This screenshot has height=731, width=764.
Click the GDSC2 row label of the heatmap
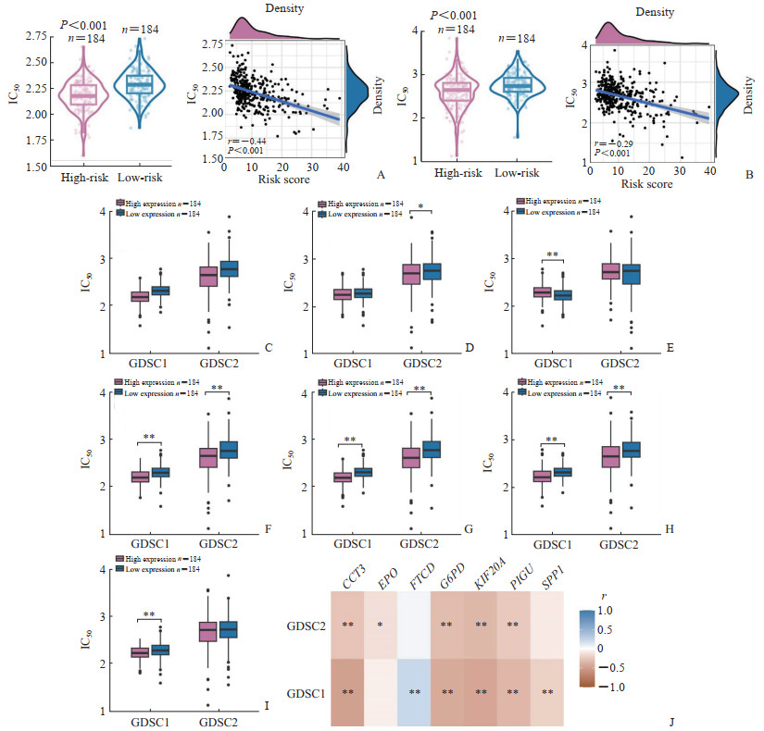(x=309, y=626)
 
